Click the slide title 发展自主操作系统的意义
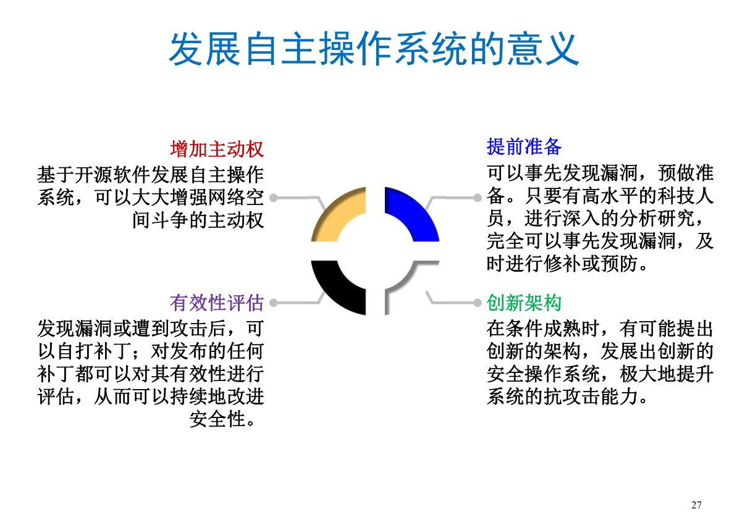coord(374,49)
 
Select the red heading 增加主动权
coord(217,149)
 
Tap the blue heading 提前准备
coord(524,147)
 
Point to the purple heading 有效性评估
coord(217,303)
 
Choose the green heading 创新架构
coord(524,303)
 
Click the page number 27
coord(696,505)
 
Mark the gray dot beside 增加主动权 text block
coord(273,198)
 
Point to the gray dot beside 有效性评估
coord(273,303)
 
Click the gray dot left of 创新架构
coord(477,303)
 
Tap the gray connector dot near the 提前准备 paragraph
coord(477,198)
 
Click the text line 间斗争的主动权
coord(198,220)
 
